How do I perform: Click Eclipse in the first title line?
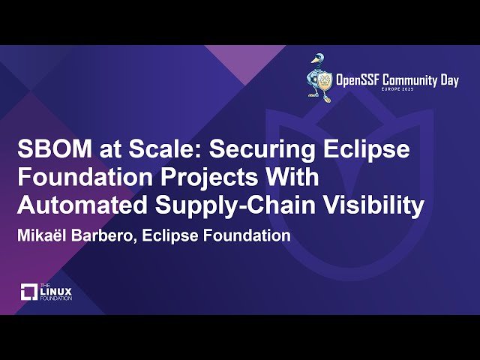coord(368,150)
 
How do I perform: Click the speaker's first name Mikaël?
coord(43,235)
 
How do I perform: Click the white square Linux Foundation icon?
coord(29,292)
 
